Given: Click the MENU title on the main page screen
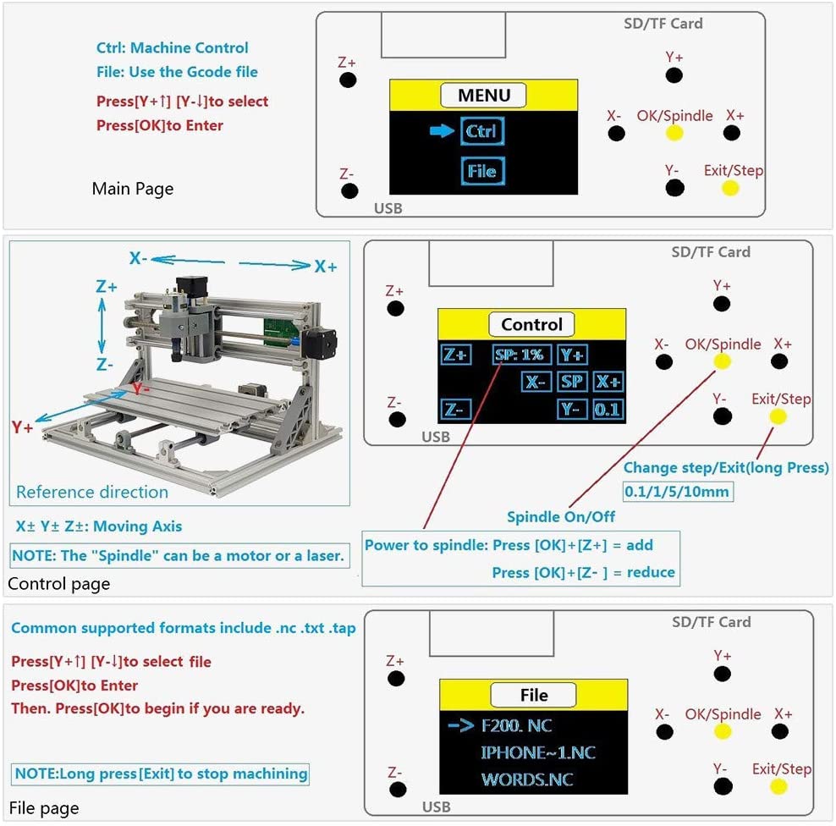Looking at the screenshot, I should pyautogui.click(x=483, y=95).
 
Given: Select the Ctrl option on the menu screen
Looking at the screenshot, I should pyautogui.click(x=482, y=131).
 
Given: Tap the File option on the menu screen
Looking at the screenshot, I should pyautogui.click(x=482, y=171).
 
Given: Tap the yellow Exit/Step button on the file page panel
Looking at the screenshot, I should pyautogui.click(x=778, y=786).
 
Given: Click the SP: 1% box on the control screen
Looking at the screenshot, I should pyautogui.click(x=520, y=354).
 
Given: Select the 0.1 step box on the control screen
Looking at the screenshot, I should pyautogui.click(x=608, y=410).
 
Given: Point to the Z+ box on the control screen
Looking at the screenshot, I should pyautogui.click(x=456, y=355).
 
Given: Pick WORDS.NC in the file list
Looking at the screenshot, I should pyautogui.click(x=525, y=779).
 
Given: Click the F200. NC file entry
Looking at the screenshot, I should pyautogui.click(x=516, y=726).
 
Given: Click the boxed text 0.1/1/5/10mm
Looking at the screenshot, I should pyautogui.click(x=676, y=492).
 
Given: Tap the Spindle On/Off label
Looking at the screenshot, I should pyautogui.click(x=560, y=516).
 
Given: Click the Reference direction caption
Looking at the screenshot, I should pyautogui.click(x=92, y=492).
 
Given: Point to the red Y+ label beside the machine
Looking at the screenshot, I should pyautogui.click(x=22, y=427).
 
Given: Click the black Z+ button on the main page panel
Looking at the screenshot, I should pyautogui.click(x=348, y=80).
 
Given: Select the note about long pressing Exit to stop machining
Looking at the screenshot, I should pyautogui.click(x=161, y=774).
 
